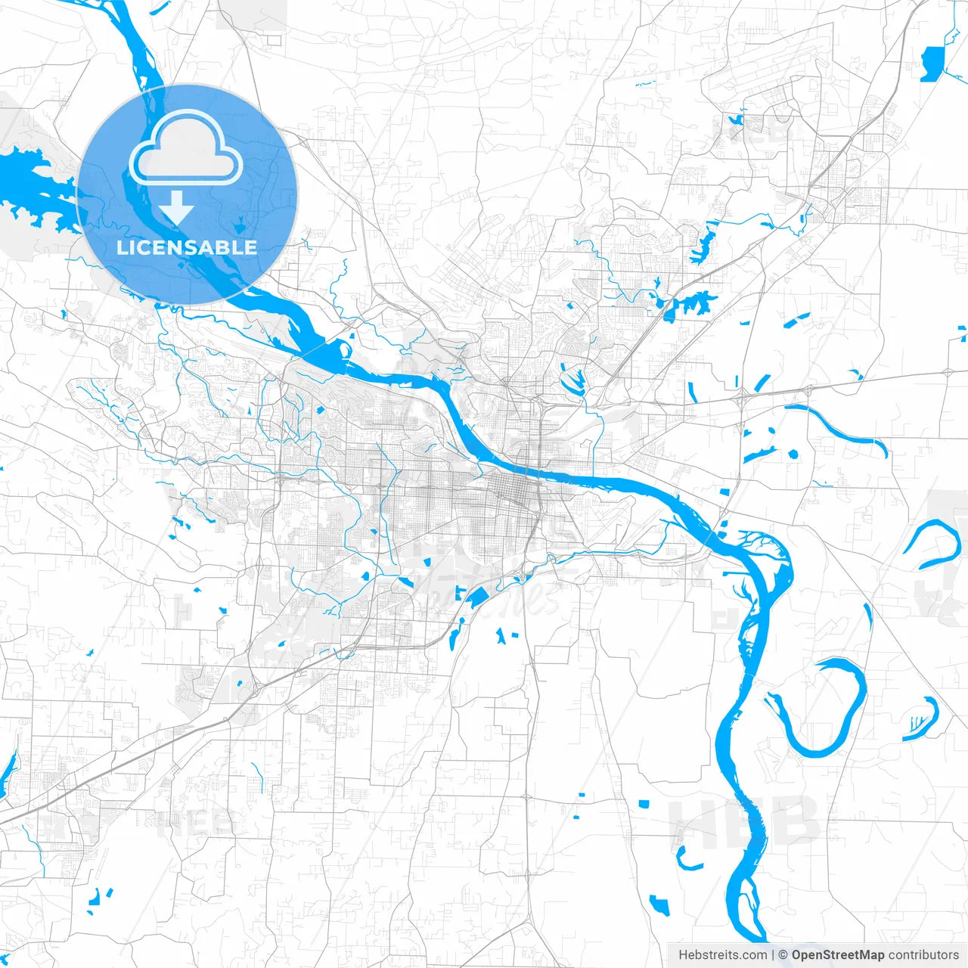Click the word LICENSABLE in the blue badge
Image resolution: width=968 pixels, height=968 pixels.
[187, 247]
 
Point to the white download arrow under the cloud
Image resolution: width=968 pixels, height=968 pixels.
[176, 207]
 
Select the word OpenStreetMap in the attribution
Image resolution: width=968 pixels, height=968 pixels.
[838, 955]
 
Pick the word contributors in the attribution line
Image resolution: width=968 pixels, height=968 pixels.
[923, 955]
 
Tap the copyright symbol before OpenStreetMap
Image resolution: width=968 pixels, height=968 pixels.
[783, 955]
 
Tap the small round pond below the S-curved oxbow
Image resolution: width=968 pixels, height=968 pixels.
[793, 455]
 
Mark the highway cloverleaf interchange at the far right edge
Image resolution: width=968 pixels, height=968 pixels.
[948, 372]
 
